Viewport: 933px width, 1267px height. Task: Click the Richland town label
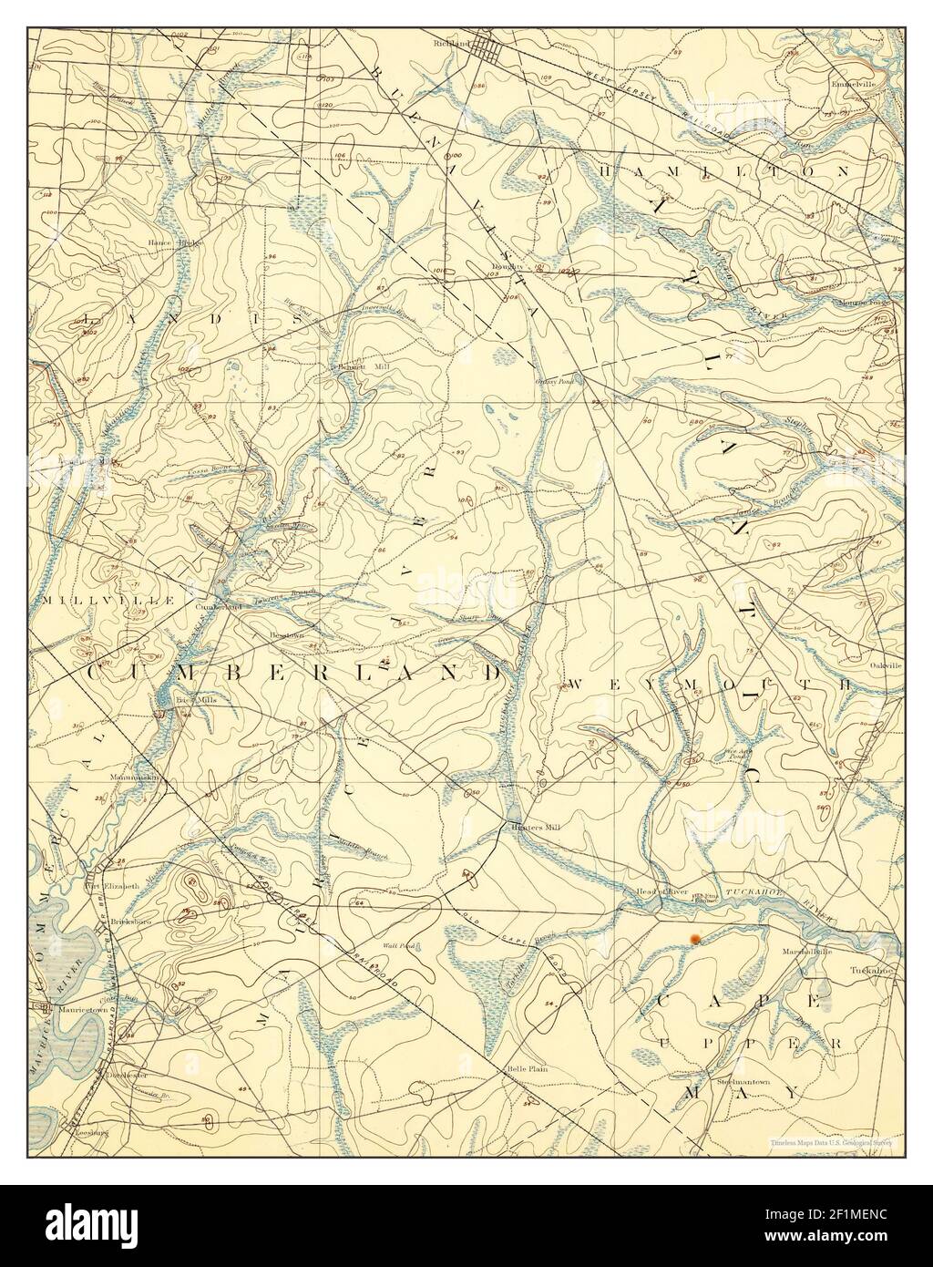[453, 42]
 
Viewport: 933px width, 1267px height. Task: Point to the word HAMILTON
[725, 170]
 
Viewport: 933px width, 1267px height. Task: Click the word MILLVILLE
[95, 601]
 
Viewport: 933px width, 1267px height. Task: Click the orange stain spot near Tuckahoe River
[694, 936]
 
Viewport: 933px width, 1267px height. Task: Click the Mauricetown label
[81, 1010]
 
